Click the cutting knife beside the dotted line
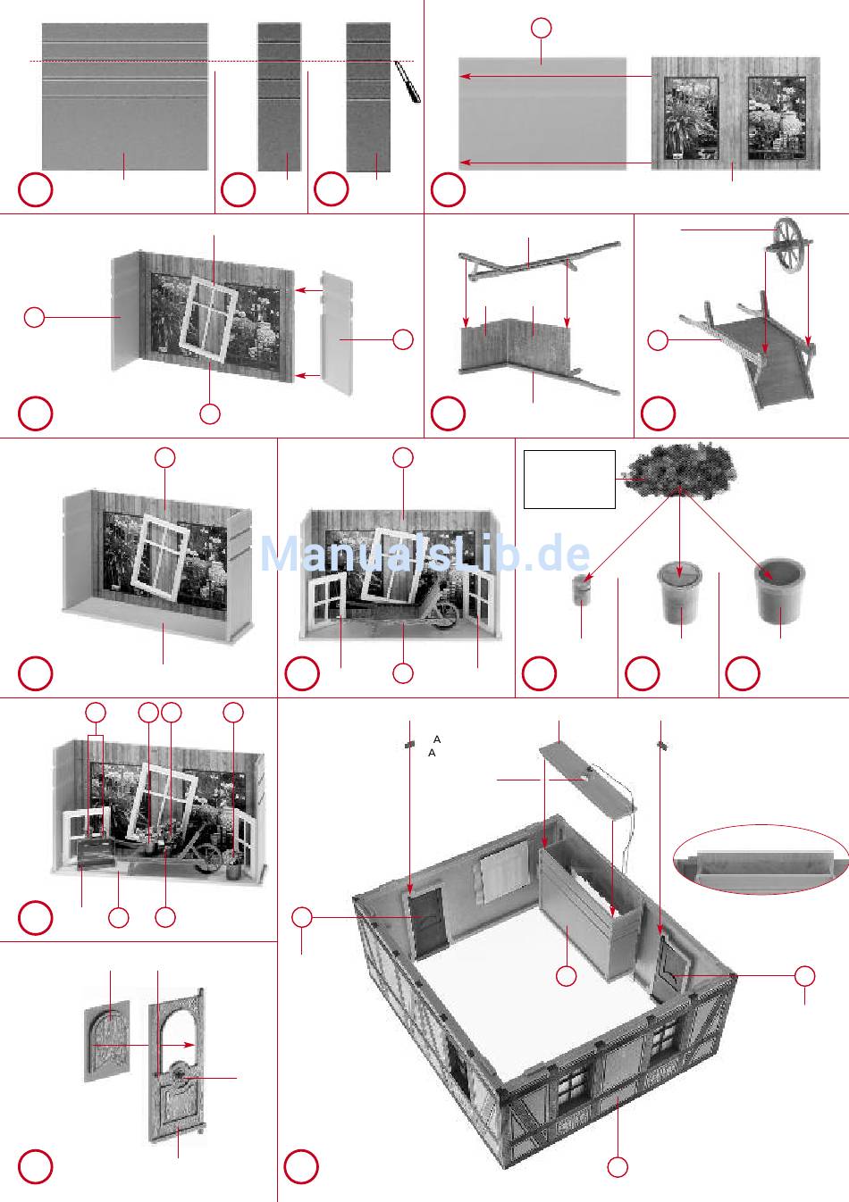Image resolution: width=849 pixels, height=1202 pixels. click(x=408, y=81)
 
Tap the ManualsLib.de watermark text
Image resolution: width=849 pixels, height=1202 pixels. click(x=424, y=555)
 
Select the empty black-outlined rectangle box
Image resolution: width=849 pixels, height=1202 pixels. click(x=569, y=480)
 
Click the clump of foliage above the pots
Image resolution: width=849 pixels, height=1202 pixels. click(x=680, y=470)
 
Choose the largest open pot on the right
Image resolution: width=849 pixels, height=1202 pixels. click(x=779, y=591)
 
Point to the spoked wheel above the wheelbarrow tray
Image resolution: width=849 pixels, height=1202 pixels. click(x=789, y=246)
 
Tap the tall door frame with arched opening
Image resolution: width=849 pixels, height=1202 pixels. click(x=176, y=1067)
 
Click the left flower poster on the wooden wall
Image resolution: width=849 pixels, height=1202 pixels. click(x=691, y=119)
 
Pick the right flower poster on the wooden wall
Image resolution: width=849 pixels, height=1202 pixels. click(x=777, y=118)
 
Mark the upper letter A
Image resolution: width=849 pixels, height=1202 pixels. click(x=437, y=739)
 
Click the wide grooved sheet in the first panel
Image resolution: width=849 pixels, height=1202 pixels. click(x=125, y=96)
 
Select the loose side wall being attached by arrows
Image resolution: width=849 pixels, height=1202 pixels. click(x=338, y=333)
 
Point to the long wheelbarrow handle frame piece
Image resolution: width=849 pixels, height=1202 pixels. click(x=540, y=261)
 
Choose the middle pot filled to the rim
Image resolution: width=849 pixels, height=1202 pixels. click(x=680, y=591)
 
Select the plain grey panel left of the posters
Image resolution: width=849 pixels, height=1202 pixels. click(x=542, y=113)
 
